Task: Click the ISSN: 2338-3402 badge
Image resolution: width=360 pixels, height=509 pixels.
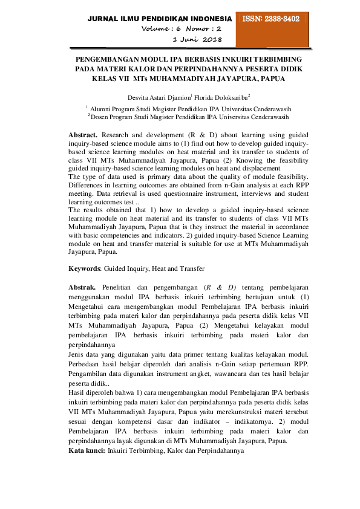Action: click(x=272, y=19)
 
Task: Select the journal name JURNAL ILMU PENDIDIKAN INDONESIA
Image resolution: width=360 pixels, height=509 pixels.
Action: click(x=160, y=19)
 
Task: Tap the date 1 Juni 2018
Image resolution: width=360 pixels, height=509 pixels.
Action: click(x=197, y=39)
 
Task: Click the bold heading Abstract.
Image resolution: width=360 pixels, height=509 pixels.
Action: click(x=83, y=133)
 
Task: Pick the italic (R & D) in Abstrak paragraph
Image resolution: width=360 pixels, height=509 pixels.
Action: click(x=219, y=287)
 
